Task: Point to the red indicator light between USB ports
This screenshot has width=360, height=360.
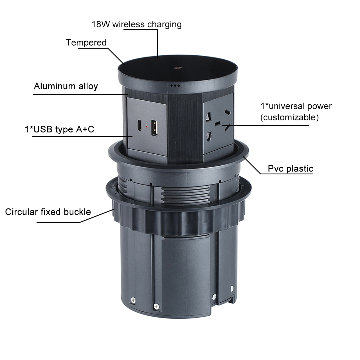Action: tap(147, 127)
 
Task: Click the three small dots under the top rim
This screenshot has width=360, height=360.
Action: tap(175, 86)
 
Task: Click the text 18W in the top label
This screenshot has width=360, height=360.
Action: tap(100, 24)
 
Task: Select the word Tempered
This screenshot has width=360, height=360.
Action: tap(86, 43)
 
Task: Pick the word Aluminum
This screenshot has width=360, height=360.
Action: tap(55, 86)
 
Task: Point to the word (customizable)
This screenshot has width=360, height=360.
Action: tap(289, 118)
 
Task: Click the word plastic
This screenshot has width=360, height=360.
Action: tap(300, 169)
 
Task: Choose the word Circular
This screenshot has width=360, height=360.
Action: tap(21, 212)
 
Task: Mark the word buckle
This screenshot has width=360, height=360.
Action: tap(77, 212)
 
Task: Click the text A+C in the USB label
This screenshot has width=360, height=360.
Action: tap(85, 129)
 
